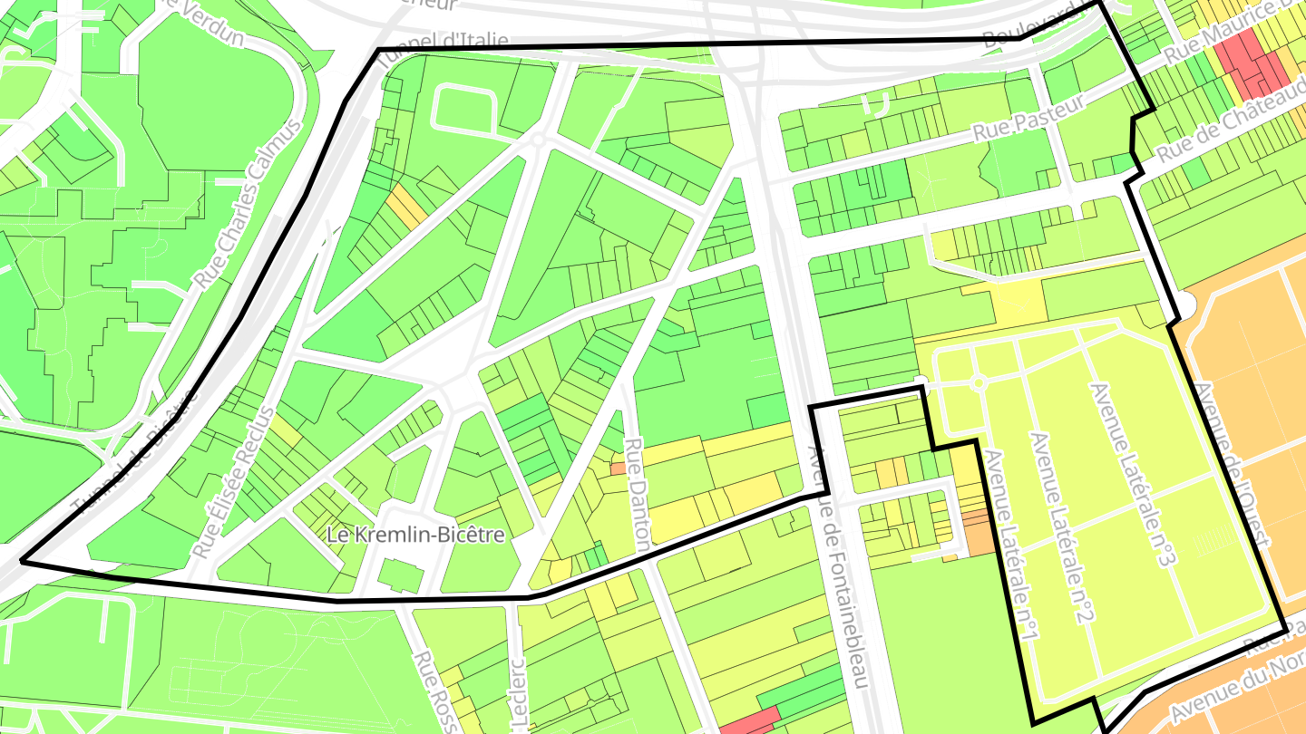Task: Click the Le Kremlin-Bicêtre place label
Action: [415, 535]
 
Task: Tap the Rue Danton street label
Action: [637, 495]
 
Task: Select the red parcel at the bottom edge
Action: [750, 722]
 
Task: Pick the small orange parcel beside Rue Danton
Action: [618, 469]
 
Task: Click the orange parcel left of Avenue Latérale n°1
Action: [978, 533]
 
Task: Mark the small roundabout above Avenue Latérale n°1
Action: [978, 383]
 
